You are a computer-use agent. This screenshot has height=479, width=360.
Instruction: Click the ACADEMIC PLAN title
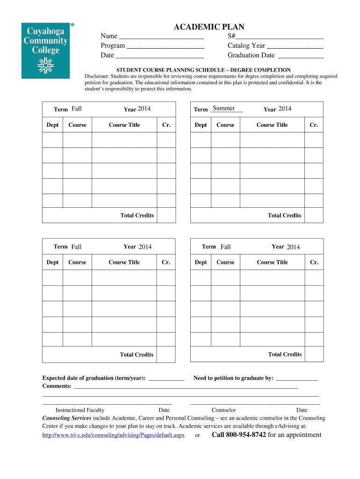(209, 27)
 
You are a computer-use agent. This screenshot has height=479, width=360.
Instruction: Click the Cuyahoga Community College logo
(45, 50)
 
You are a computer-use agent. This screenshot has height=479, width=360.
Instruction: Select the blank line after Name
(161, 36)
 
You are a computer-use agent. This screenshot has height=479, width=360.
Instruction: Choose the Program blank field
(166, 46)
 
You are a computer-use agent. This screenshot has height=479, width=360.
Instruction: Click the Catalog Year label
(246, 46)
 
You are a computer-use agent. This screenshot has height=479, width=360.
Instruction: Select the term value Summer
(224, 109)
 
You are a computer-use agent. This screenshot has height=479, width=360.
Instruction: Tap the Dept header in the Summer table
(201, 125)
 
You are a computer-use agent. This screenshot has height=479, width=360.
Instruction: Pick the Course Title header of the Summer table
(272, 125)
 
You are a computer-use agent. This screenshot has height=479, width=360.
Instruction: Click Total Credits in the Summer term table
(284, 216)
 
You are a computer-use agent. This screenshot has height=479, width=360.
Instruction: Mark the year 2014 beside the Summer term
(285, 109)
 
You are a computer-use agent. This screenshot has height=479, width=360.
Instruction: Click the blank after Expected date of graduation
(166, 379)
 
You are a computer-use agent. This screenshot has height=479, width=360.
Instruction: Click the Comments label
(57, 386)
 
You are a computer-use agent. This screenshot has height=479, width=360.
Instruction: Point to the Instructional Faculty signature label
(80, 410)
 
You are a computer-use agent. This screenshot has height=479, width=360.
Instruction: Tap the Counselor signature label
(224, 410)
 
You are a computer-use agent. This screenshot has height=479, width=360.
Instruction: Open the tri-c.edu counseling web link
(113, 435)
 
